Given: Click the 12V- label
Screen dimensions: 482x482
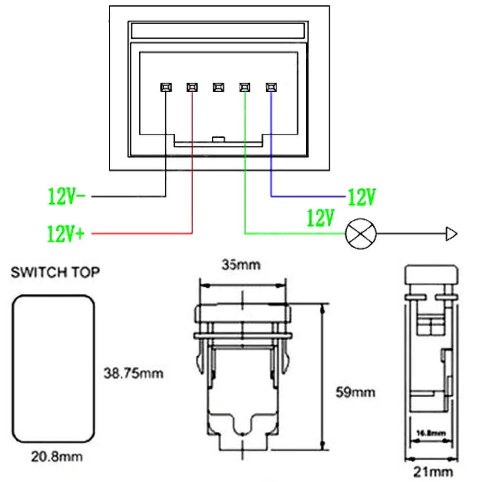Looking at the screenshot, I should tap(67, 196).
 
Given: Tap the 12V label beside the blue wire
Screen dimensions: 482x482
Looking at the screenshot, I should tap(361, 197).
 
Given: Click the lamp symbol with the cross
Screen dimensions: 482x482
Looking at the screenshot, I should tap(360, 235).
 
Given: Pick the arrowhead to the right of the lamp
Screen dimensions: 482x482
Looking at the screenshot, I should tap(451, 235).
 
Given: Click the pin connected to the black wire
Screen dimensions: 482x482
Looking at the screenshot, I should tap(165, 87).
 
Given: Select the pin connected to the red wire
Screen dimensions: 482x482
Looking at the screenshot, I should tap(192, 87).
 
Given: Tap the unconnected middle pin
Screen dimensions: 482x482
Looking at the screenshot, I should tap(218, 87).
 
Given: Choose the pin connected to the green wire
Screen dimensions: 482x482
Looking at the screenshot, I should tap(245, 87).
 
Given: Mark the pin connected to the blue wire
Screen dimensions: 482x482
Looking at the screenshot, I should tap(271, 87).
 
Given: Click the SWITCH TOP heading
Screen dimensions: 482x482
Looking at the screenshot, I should tap(55, 273).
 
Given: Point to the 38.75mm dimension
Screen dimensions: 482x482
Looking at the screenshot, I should tap(134, 373).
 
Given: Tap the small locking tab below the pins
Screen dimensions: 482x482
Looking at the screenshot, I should tap(218, 140).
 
